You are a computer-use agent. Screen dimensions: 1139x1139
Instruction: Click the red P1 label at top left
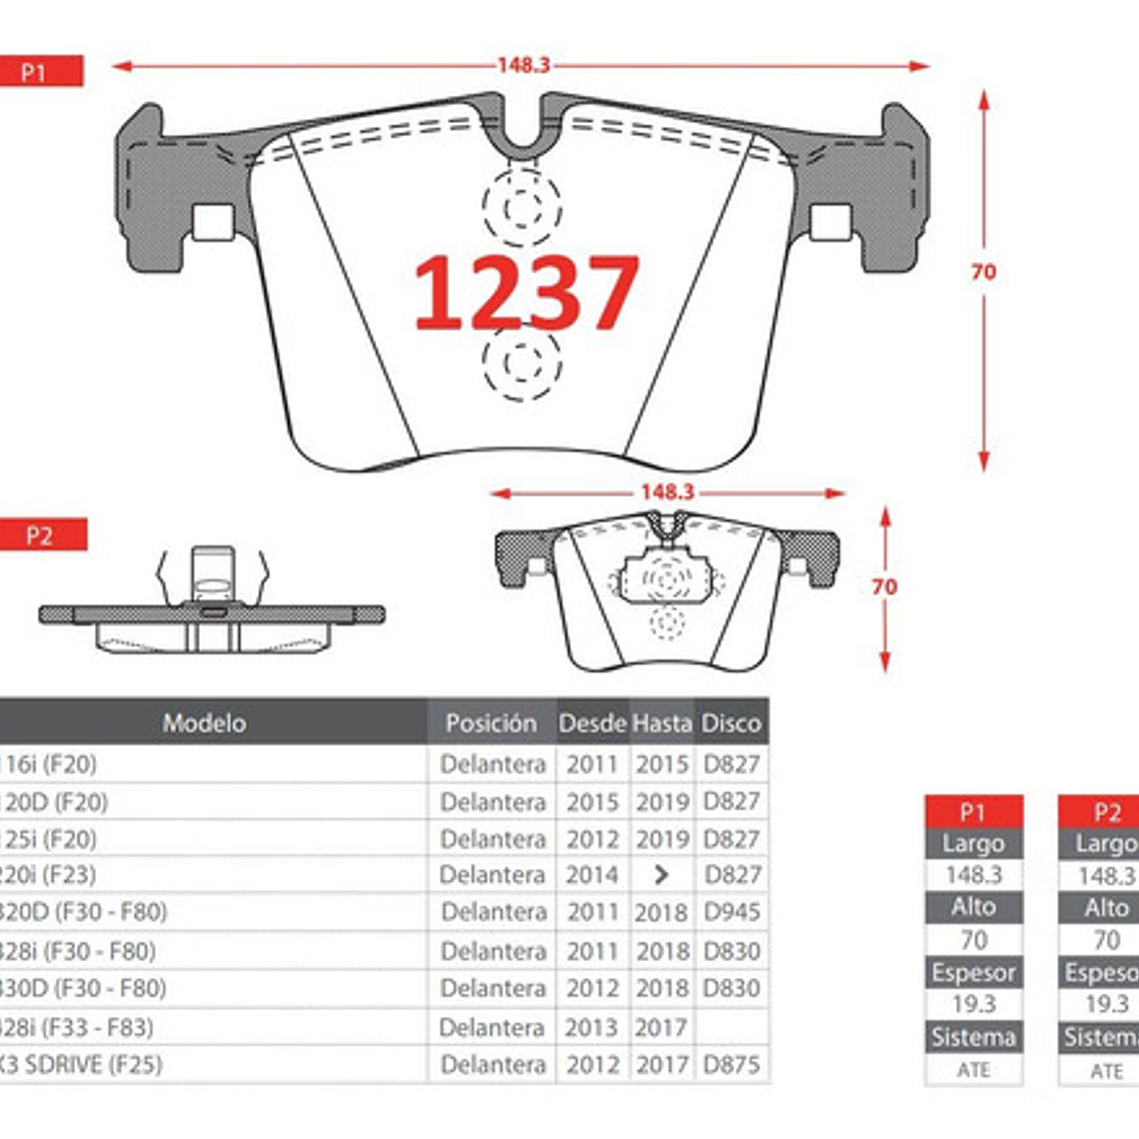click(37, 72)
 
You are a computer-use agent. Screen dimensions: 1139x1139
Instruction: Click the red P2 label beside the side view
click(41, 536)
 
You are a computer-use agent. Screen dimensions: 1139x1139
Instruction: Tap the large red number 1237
click(526, 292)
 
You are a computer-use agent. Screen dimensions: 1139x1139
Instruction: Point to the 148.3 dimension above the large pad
click(524, 65)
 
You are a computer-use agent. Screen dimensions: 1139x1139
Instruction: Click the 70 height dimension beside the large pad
click(983, 272)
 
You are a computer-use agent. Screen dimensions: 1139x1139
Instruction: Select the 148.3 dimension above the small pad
click(666, 492)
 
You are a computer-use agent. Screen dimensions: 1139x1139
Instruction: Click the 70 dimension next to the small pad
click(884, 587)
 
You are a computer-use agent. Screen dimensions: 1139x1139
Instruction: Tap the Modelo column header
click(204, 722)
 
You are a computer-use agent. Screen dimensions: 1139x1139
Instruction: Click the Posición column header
click(491, 722)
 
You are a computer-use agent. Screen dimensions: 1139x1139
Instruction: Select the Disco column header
click(730, 722)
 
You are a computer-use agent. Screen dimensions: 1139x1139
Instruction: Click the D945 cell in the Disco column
click(731, 912)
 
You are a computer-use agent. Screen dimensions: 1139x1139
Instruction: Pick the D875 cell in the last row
click(731, 1065)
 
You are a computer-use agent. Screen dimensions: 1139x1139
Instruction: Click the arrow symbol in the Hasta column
click(660, 875)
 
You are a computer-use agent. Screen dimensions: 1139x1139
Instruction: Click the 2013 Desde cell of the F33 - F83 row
click(591, 1027)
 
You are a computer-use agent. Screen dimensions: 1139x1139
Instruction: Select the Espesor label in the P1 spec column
click(972, 972)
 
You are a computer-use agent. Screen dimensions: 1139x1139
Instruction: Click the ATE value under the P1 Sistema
click(972, 1070)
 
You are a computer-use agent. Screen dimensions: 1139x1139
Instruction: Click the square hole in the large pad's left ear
click(212, 222)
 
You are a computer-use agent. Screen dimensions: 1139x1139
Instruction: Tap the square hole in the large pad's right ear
click(830, 222)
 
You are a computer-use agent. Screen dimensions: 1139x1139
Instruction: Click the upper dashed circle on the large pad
click(522, 208)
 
